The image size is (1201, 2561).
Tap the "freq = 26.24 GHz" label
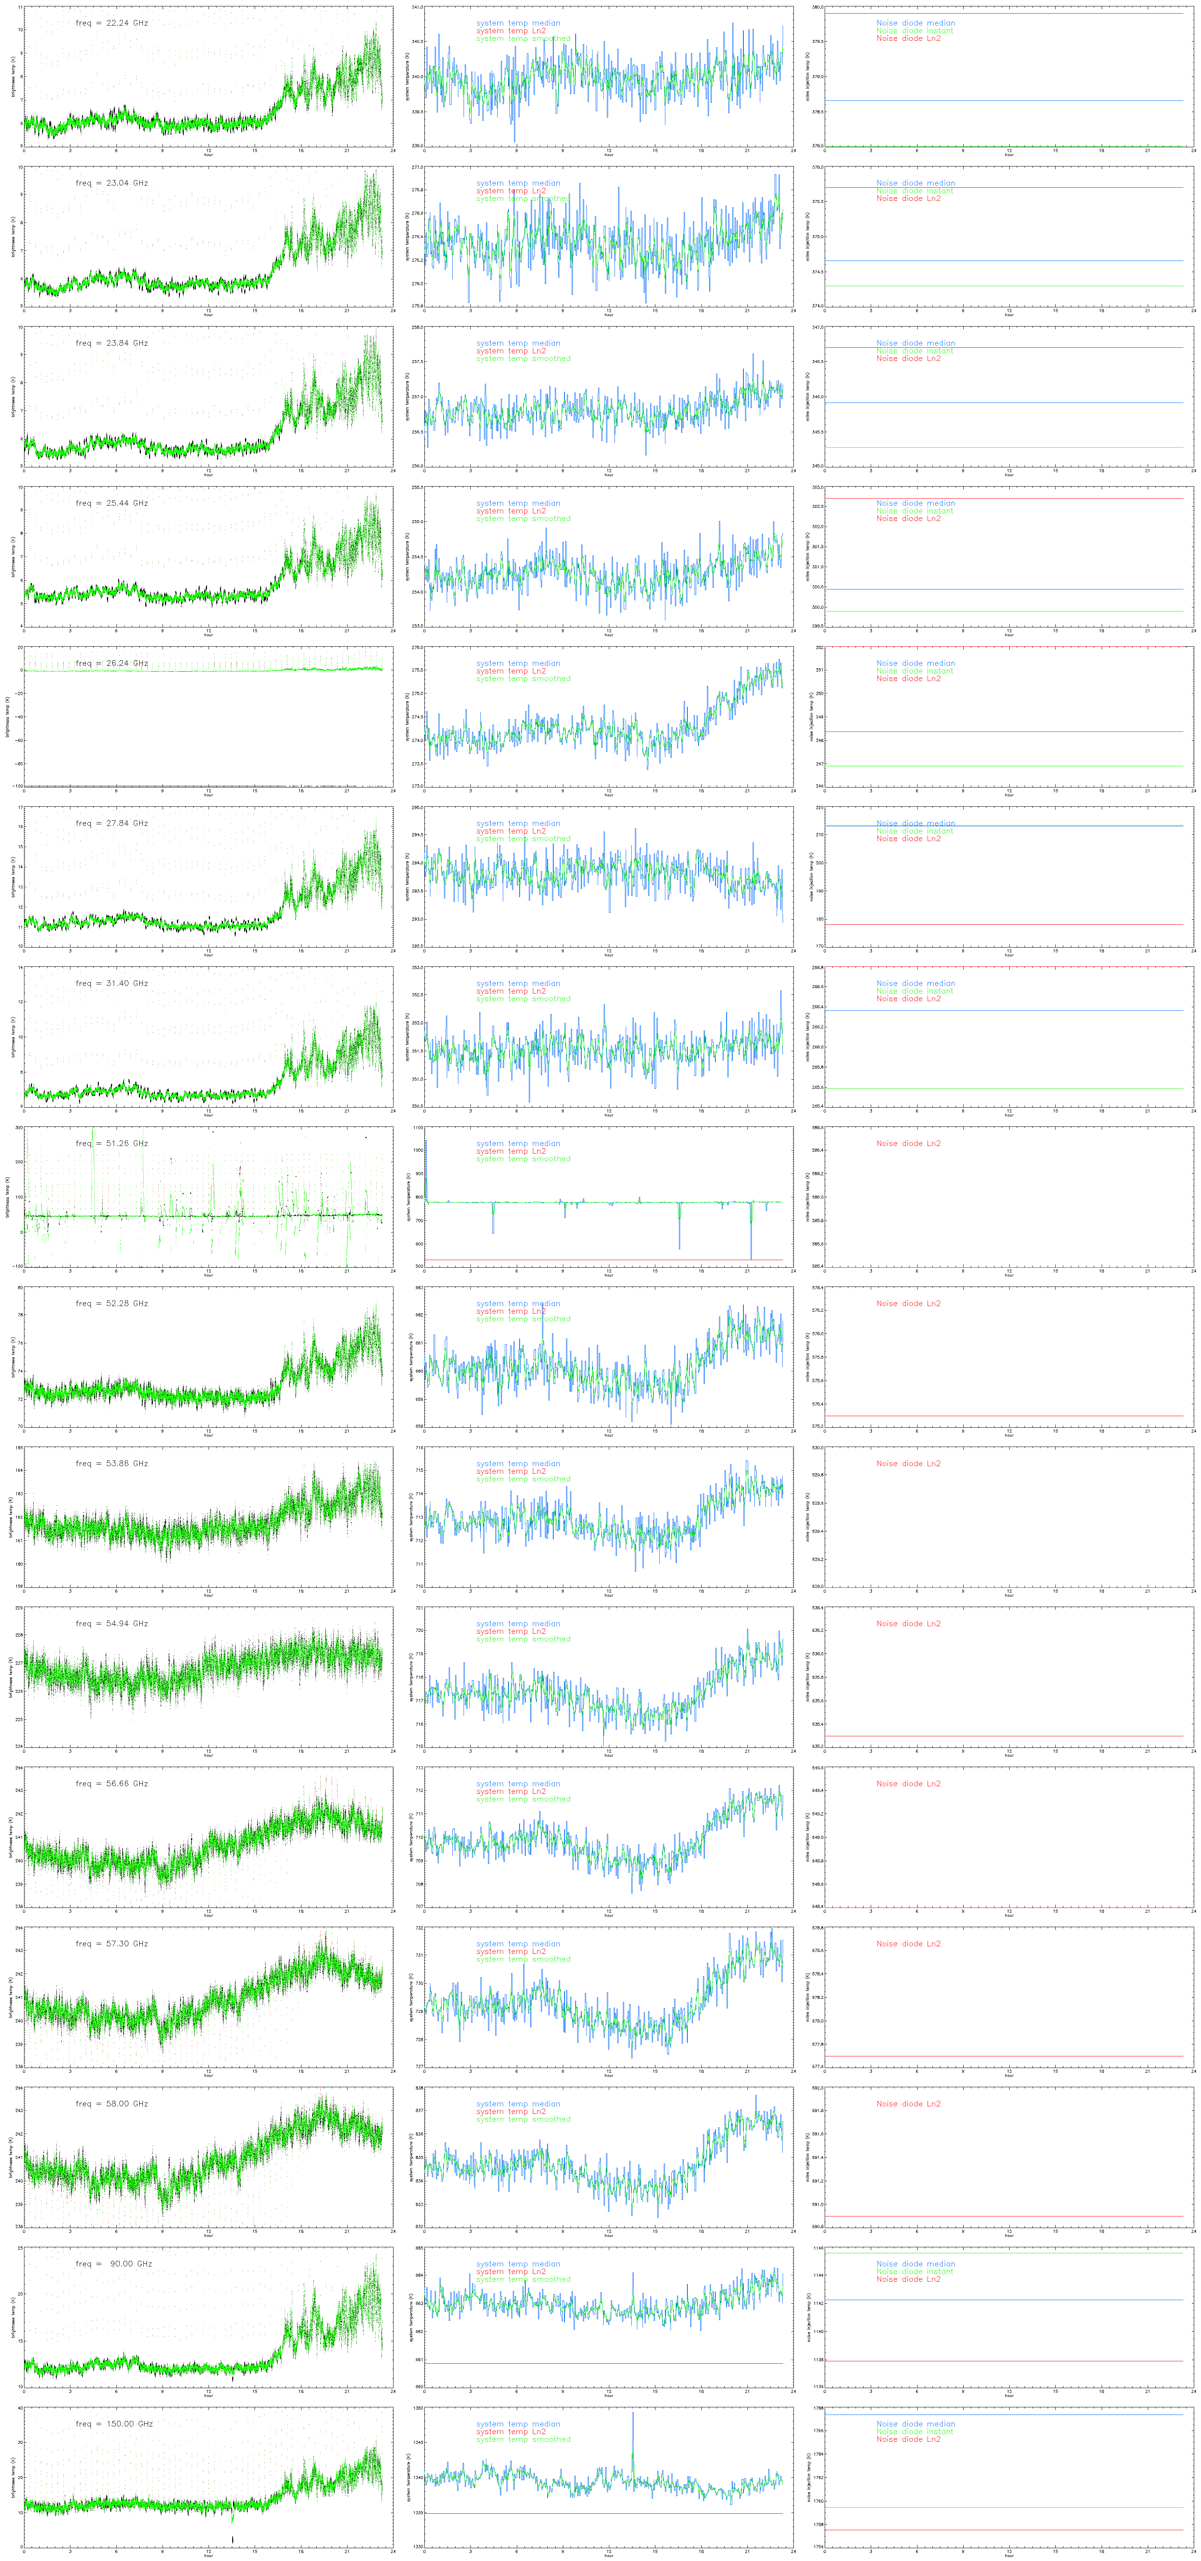point(111,663)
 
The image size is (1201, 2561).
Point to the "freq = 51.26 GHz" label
point(111,1143)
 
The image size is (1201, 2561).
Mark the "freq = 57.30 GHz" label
point(111,1944)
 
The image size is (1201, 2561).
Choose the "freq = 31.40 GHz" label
point(111,983)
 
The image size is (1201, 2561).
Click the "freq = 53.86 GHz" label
point(111,1463)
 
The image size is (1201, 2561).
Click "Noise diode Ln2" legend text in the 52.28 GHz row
point(908,1303)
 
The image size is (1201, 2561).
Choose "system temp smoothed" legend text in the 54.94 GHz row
point(523,1639)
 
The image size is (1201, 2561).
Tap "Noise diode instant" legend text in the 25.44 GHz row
point(914,511)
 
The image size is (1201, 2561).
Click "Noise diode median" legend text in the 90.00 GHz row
point(915,2264)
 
